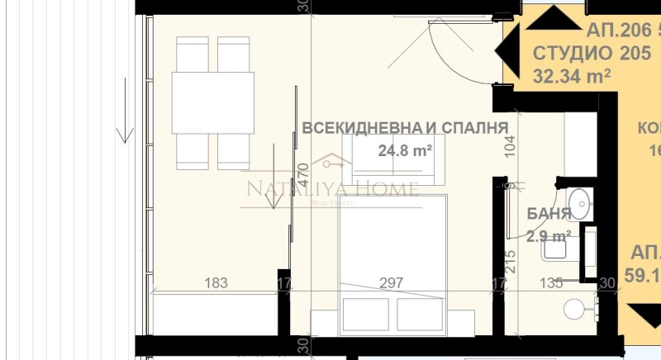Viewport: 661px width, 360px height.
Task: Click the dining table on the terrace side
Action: tap(212, 102)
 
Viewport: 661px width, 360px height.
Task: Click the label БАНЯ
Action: tap(549, 214)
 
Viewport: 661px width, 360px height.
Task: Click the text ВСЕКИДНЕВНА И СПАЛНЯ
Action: tap(404, 128)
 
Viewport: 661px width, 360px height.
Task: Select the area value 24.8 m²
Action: tap(406, 151)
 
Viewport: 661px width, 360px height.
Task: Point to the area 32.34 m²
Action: tap(572, 77)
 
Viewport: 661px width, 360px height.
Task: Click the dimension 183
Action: tap(216, 283)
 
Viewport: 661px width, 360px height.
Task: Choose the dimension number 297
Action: tap(391, 283)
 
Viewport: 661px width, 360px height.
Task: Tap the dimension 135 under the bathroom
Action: tap(551, 283)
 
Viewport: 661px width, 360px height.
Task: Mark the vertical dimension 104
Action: tap(510, 145)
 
